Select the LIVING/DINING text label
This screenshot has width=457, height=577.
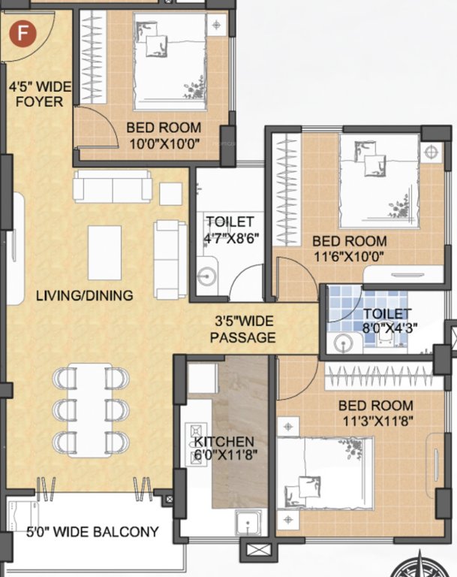[84, 295]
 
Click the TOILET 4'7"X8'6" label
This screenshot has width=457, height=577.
[230, 229]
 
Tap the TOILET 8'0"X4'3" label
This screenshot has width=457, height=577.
[386, 320]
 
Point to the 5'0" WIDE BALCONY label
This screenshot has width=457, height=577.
[93, 533]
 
